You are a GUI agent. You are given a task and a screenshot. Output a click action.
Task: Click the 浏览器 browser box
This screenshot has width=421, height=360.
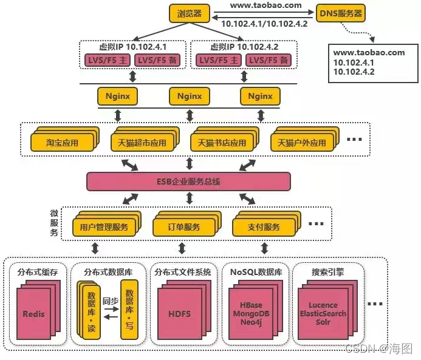tap(189, 13)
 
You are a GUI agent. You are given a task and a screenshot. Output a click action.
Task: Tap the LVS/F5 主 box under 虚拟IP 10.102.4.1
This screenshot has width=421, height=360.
tap(105, 60)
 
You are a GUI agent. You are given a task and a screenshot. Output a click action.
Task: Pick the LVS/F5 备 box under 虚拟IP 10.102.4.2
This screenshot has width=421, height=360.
tap(267, 60)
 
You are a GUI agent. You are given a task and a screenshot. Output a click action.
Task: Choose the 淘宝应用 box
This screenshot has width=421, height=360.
tap(63, 143)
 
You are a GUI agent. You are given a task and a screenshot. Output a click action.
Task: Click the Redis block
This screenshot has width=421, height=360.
tap(34, 314)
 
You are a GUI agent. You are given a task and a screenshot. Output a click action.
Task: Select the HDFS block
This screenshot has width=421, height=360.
tap(179, 314)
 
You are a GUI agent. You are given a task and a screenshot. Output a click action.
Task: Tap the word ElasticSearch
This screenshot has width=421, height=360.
tap(323, 313)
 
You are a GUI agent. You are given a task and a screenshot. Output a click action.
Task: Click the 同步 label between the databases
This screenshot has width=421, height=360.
tap(110, 301)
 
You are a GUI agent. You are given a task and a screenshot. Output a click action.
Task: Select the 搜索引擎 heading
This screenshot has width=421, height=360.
tap(327, 272)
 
